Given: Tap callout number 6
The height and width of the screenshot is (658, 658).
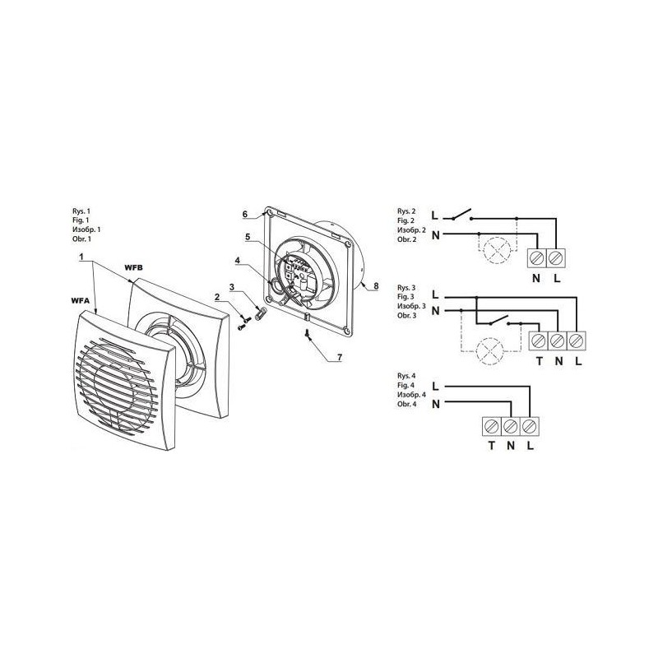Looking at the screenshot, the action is pyautogui.click(x=245, y=214).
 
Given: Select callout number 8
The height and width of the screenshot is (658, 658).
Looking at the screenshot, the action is pyautogui.click(x=376, y=286).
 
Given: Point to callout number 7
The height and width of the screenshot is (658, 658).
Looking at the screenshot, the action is pyautogui.click(x=339, y=358).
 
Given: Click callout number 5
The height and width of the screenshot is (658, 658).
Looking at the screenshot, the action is pyautogui.click(x=248, y=237).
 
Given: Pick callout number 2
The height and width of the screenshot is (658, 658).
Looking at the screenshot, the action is pyautogui.click(x=217, y=298).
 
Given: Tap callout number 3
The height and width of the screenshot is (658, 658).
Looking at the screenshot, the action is pyautogui.click(x=231, y=287).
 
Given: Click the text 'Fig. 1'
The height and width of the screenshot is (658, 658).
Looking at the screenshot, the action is pyautogui.click(x=81, y=220).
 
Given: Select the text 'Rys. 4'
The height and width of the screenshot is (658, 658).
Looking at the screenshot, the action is pyautogui.click(x=405, y=376).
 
